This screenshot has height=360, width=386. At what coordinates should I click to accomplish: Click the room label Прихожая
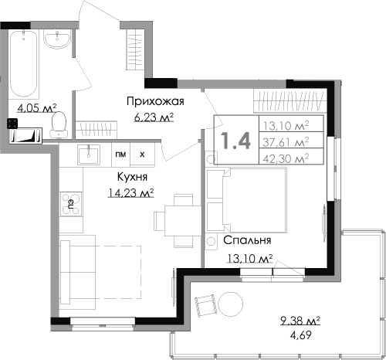point(154,101)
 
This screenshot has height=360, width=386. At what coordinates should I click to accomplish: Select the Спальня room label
point(248,239)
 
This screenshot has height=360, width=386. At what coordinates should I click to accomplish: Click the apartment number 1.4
point(235,141)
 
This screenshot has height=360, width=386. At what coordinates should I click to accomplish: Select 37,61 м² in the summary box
point(286,141)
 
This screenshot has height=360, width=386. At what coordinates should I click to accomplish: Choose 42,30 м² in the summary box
point(286,158)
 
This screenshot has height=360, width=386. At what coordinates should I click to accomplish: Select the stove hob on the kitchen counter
point(67,204)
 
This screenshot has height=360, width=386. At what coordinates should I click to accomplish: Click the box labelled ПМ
point(120,154)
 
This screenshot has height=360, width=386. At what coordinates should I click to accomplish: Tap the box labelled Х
point(141,154)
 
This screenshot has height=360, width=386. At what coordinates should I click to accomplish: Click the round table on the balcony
point(230,303)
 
